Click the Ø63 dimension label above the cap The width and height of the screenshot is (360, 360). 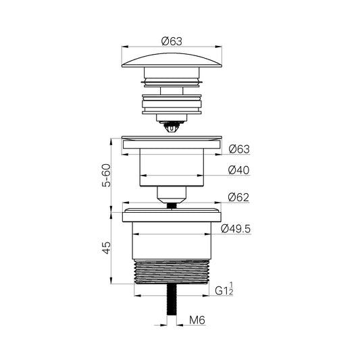(x=172, y=41)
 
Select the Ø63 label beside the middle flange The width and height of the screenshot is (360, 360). (x=239, y=149)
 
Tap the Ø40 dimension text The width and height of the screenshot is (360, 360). (x=239, y=170)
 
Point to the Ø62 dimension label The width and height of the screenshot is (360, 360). (x=238, y=197)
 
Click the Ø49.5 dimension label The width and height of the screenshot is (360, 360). (x=236, y=229)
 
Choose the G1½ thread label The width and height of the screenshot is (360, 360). (x=224, y=289)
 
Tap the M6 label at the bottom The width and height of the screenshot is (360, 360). (x=197, y=320)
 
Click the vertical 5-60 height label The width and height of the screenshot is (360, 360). (x=106, y=175)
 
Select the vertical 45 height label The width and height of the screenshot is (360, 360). (x=106, y=248)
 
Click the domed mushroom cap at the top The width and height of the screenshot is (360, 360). (x=172, y=60)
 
